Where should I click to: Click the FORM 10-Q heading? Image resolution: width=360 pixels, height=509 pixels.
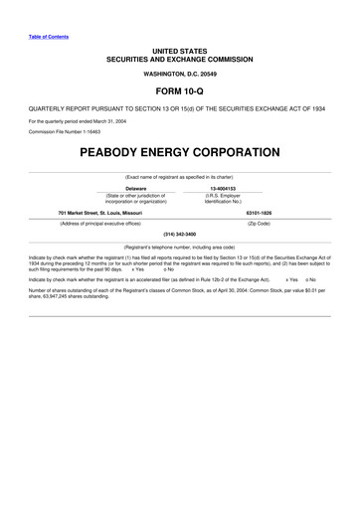(179, 87)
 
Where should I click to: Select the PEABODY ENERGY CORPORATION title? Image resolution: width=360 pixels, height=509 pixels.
(179, 154)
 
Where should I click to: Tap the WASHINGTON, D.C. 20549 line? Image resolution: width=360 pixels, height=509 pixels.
(179, 74)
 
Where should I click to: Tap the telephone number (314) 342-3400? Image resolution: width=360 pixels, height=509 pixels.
(179, 234)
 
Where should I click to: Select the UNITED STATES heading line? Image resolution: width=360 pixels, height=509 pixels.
(179, 50)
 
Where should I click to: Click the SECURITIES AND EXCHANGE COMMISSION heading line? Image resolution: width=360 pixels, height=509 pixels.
(179, 59)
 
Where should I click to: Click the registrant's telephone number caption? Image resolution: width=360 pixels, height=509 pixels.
(179, 246)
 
